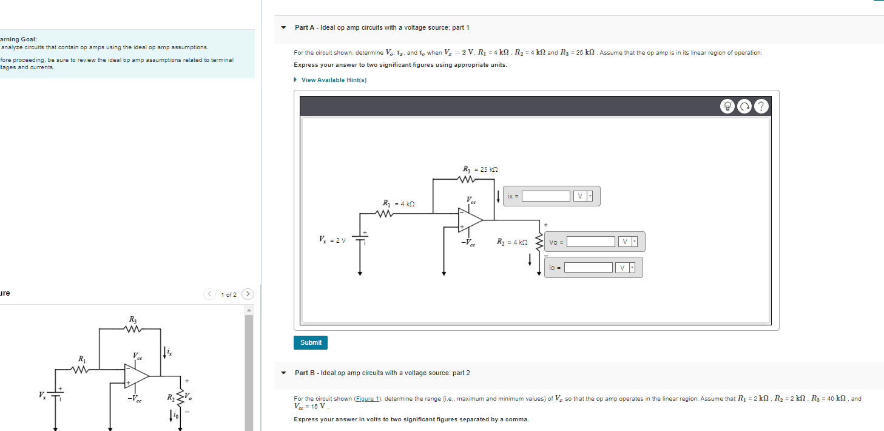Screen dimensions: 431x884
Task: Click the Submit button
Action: (311, 342)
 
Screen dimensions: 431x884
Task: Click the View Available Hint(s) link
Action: (334, 80)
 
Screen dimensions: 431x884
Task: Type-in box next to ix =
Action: (546, 196)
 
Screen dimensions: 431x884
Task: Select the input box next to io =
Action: (588, 268)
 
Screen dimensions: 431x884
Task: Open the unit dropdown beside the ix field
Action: (584, 196)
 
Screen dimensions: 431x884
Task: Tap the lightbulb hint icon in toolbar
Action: (727, 106)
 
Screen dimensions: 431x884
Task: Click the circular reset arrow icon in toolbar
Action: (744, 106)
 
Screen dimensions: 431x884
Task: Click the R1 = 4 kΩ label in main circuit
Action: (399, 203)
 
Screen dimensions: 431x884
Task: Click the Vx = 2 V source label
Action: (332, 239)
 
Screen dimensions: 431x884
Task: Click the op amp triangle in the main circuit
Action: (470, 220)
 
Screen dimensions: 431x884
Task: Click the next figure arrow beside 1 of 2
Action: (248, 294)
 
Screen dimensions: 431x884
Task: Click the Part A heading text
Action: (382, 27)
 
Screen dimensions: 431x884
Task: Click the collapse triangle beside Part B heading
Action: (283, 373)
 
